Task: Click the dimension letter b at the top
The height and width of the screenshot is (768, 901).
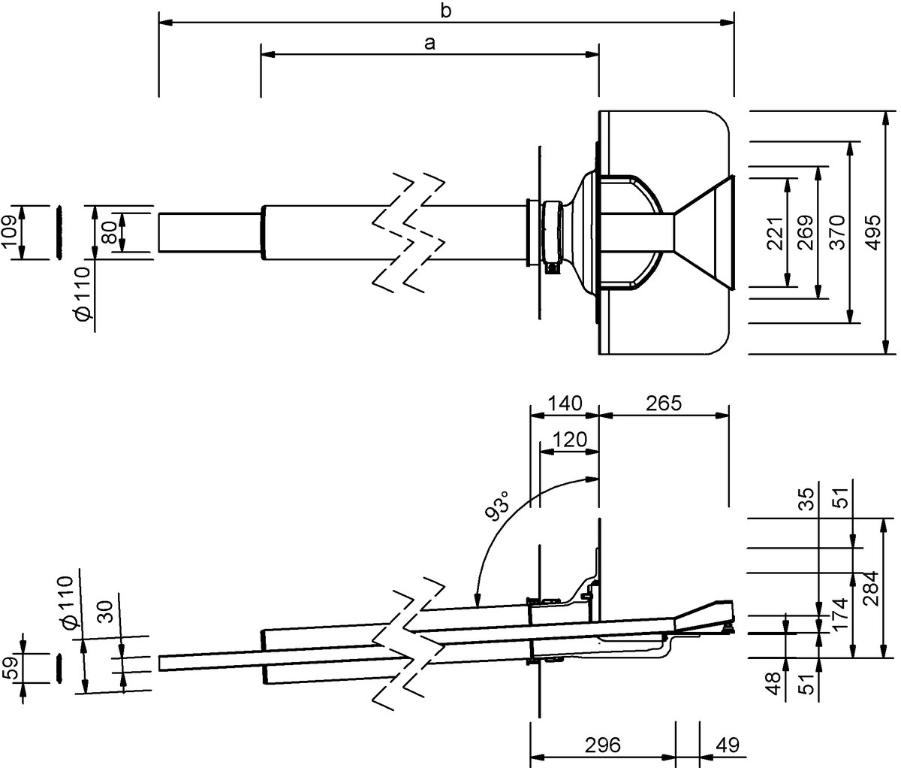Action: coord(445,11)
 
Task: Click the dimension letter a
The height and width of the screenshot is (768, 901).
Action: coord(429,44)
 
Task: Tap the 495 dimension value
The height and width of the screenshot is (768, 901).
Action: coord(873,233)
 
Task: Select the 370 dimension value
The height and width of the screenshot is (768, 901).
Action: coord(837,233)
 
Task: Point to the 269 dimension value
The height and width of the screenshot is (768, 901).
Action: coord(806,233)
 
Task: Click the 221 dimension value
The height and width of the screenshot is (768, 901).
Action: coord(775,233)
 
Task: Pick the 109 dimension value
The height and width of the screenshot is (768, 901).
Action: coord(10,232)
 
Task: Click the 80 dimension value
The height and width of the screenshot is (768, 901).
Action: coord(110,233)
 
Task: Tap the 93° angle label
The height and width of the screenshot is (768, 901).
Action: coord(497,506)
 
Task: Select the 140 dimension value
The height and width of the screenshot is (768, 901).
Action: coord(565,404)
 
